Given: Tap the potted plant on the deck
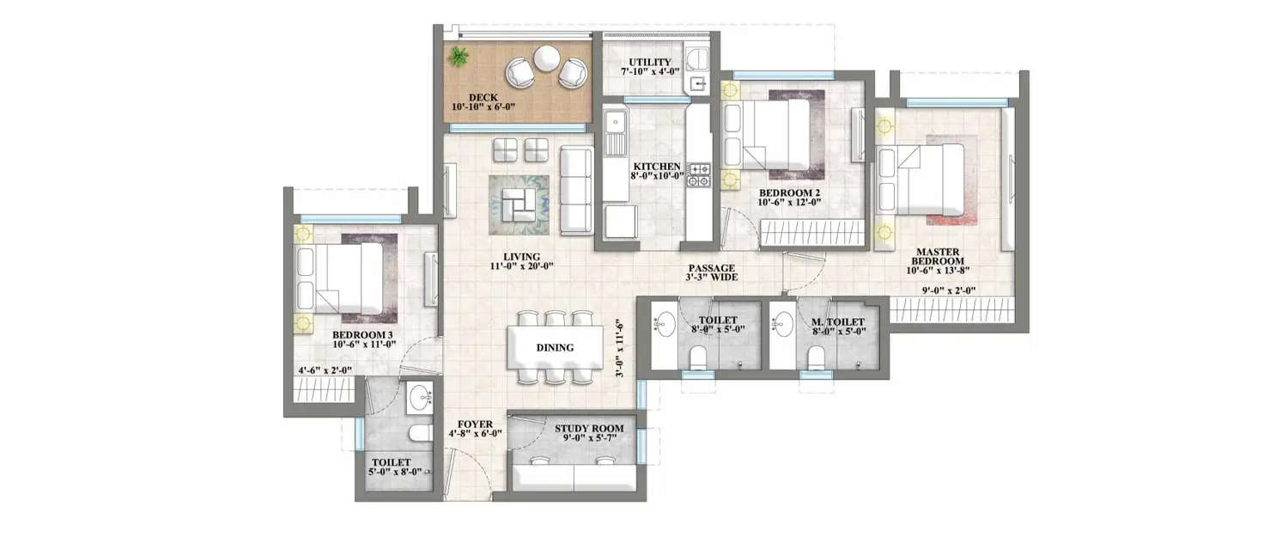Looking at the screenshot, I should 459,58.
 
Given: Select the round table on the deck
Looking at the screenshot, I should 546,58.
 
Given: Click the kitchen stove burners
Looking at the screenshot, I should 700,174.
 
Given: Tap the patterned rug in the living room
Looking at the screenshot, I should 519,204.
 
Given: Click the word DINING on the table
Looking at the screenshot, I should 555,348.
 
